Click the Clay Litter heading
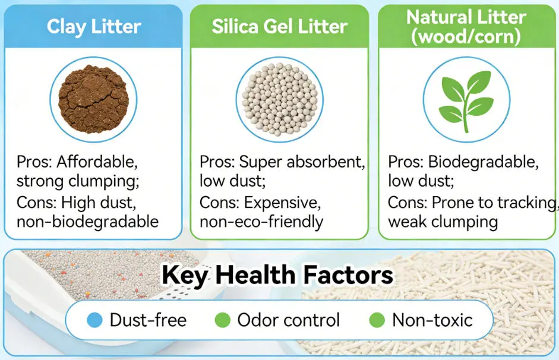click(x=94, y=27)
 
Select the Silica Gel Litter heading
click(x=279, y=26)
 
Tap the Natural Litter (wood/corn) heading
click(x=466, y=26)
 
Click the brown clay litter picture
click(x=93, y=99)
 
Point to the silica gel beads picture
click(x=279, y=99)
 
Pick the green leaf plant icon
click(x=466, y=100)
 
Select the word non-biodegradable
click(x=87, y=222)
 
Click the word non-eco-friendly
click(x=261, y=222)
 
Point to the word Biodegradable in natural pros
click(x=483, y=162)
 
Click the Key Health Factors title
click(x=277, y=275)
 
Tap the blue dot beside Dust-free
click(x=94, y=320)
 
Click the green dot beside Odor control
click(x=222, y=320)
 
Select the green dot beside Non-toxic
click(x=377, y=320)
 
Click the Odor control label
click(x=289, y=320)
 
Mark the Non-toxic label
click(x=432, y=320)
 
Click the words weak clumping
click(x=443, y=222)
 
